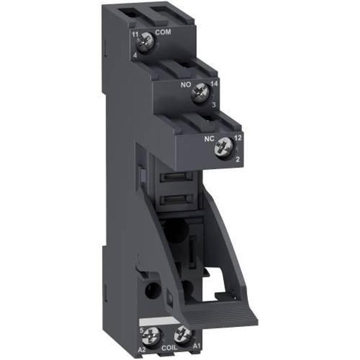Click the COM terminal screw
(144, 40)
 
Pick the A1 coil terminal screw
(184, 334)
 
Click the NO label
(186, 85)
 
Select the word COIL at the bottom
(170, 347)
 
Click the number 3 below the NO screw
(214, 106)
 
